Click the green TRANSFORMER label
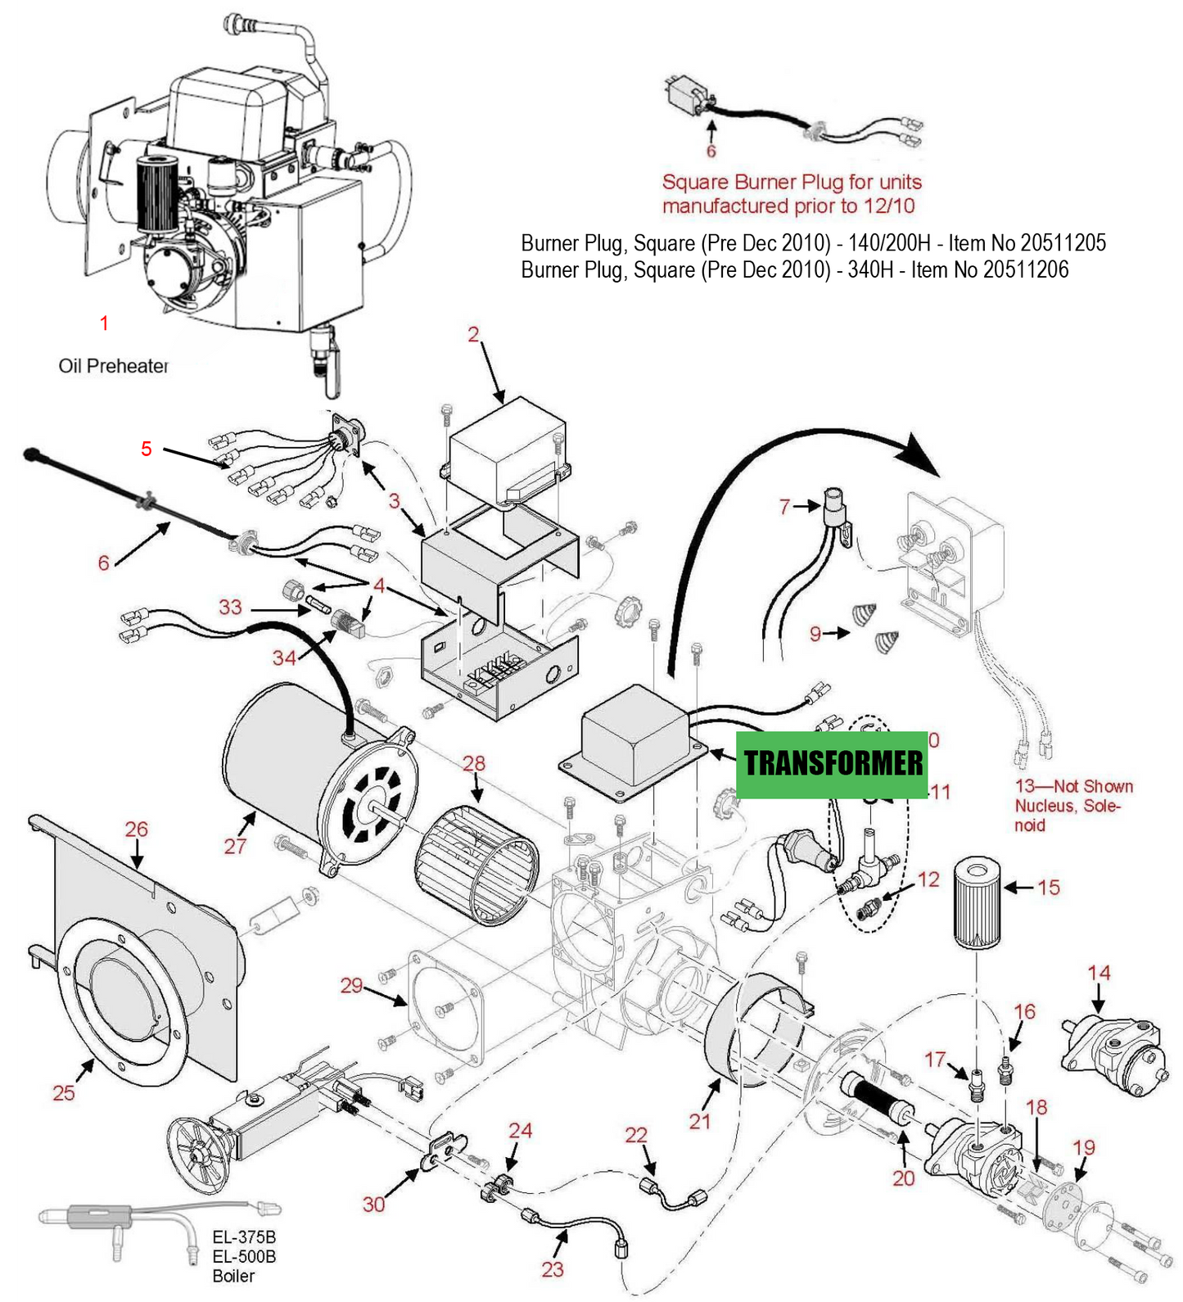[x=832, y=764]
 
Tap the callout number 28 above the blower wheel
[x=473, y=763]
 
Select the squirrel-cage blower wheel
[x=477, y=865]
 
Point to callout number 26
[x=136, y=829]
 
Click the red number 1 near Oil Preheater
[x=104, y=323]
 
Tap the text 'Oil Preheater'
[x=113, y=366]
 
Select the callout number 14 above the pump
[x=1098, y=973]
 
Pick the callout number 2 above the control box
[x=473, y=334]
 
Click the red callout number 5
[x=146, y=448]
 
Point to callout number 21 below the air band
[x=699, y=1121]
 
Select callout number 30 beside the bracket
[x=373, y=1204]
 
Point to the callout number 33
[x=230, y=607]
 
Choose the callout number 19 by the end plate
[x=1083, y=1147]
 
